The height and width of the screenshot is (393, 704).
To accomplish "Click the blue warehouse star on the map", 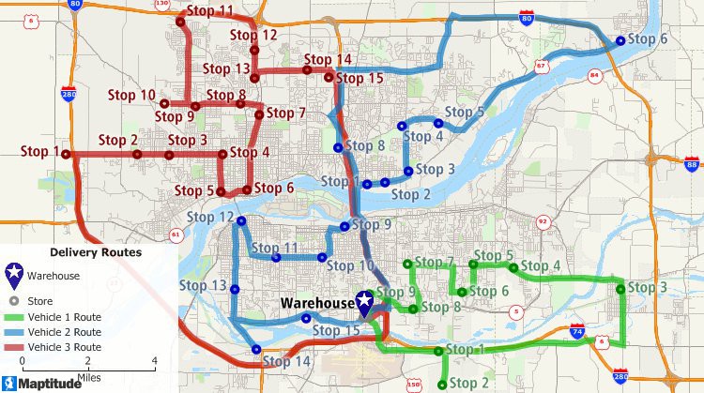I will coord(361,302).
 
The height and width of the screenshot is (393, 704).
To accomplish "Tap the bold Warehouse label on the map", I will coord(317,304).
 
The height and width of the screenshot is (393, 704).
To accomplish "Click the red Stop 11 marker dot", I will coord(180,21).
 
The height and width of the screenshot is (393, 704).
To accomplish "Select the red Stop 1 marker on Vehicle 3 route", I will coord(67,154).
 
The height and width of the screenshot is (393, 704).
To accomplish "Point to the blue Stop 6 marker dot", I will coord(620,40).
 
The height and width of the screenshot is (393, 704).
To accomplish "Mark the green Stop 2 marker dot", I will coord(442,384).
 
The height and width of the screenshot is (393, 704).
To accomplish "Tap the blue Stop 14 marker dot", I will coord(256,350).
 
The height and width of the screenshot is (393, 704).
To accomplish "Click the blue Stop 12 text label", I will coord(210,218).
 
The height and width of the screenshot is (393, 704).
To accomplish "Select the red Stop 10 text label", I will coord(134,95).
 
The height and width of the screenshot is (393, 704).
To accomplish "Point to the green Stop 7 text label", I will coord(435,263).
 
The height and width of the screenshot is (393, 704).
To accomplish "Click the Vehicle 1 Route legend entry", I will coord(64,317).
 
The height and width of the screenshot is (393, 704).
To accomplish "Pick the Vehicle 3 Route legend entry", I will coord(64,346).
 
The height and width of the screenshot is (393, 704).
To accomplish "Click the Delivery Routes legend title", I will coord(96,252).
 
